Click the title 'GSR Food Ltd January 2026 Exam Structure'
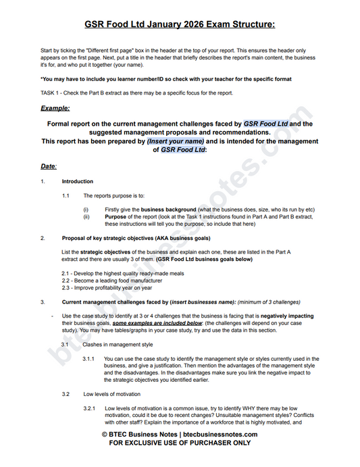(x=180, y=25)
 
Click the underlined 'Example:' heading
(x=55, y=107)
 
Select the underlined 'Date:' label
(x=49, y=166)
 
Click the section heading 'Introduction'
(x=77, y=181)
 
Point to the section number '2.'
(x=43, y=238)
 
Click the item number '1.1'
(x=68, y=195)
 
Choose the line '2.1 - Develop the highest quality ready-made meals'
(x=122, y=273)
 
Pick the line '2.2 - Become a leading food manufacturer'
(x=111, y=280)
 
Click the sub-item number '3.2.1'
(x=89, y=408)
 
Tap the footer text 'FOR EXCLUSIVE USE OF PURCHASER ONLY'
(x=180, y=443)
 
